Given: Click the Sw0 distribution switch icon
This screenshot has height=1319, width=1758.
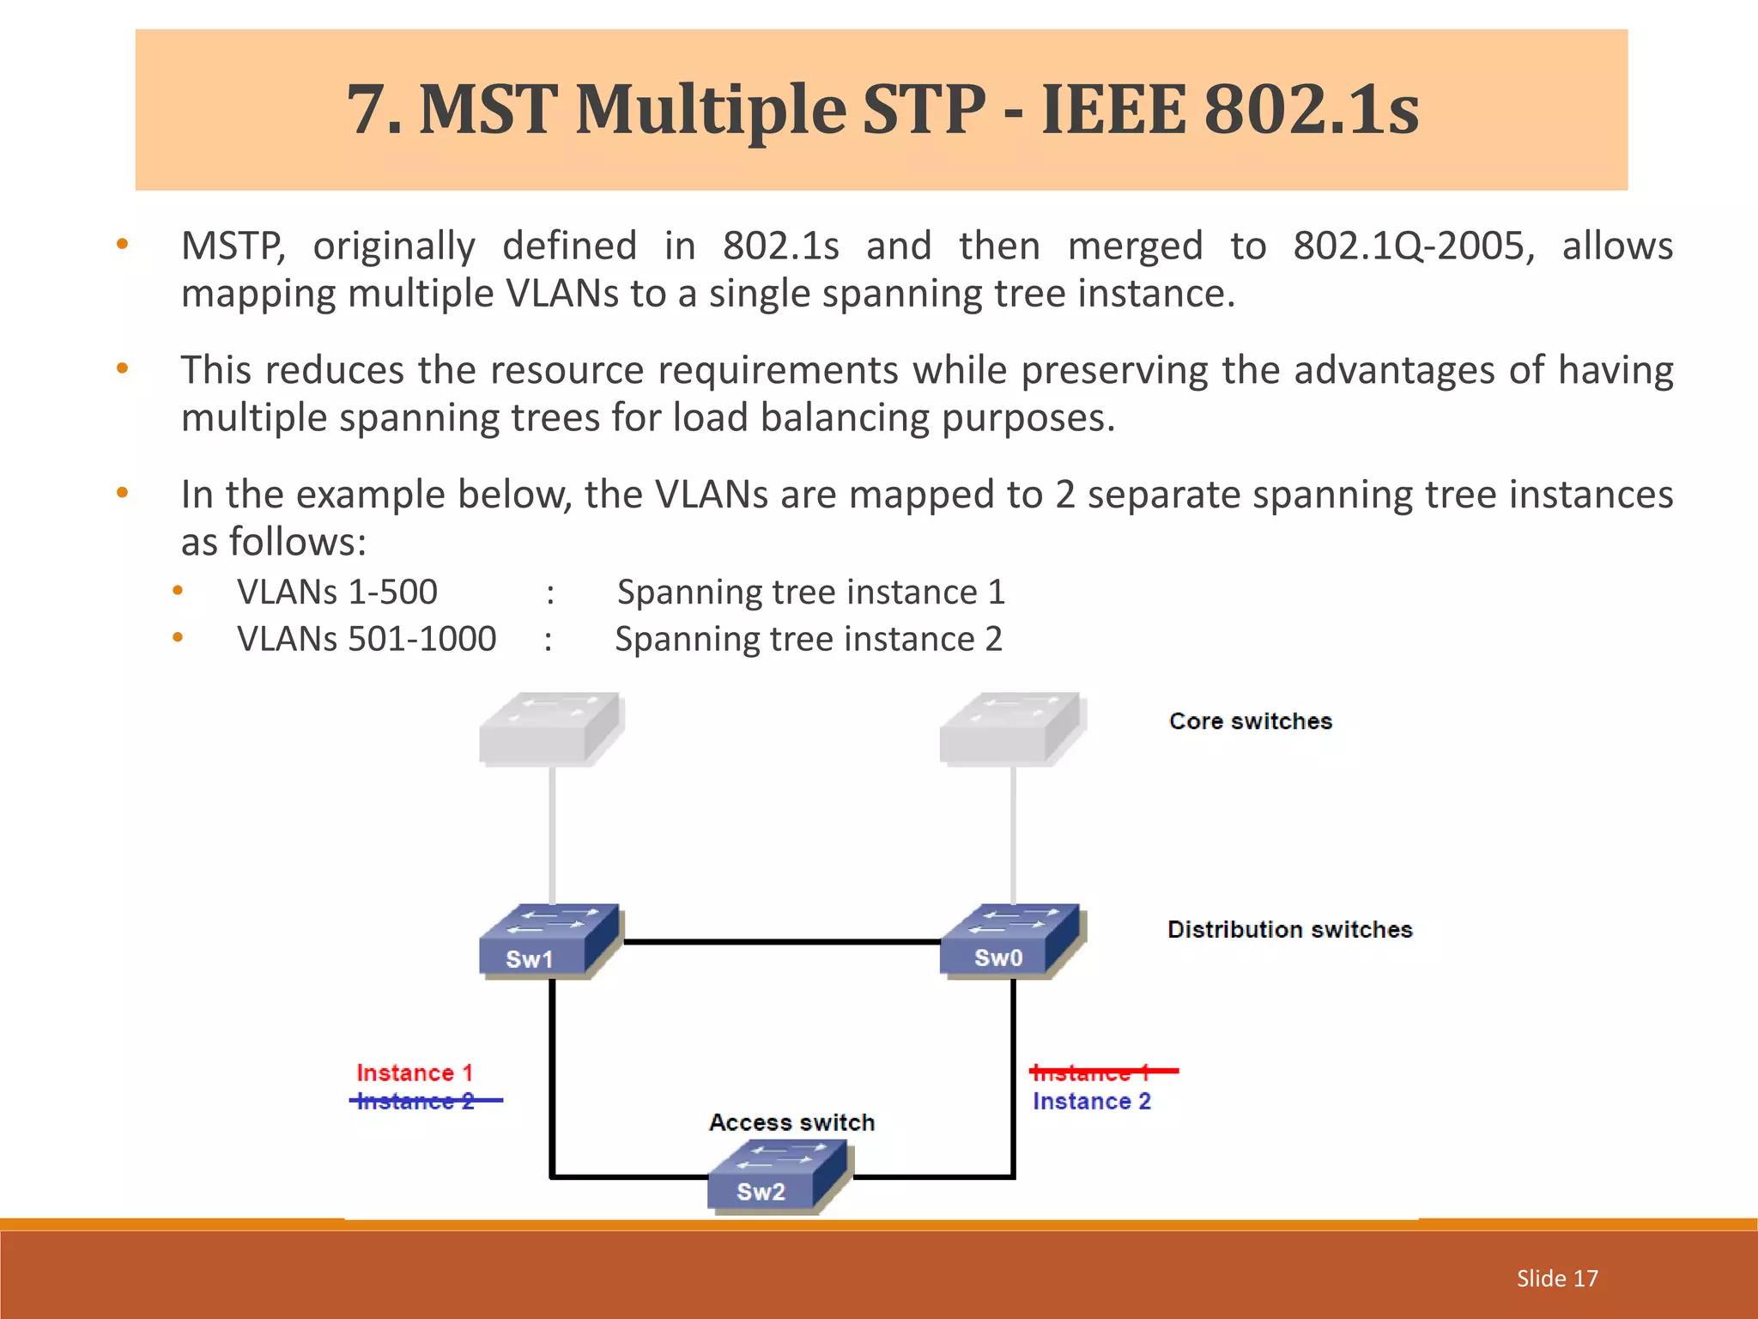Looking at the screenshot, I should coord(1012,939).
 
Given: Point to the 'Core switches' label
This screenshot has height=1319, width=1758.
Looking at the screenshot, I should coord(1250,721).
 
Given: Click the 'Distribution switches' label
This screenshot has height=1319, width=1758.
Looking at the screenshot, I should coord(1289,929).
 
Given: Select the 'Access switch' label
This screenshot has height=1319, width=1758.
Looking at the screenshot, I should coord(791,1122).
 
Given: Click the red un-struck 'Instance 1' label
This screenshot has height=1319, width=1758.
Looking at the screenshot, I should coord(415,1073).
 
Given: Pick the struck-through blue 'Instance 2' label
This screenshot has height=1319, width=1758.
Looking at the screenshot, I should coord(416,1101).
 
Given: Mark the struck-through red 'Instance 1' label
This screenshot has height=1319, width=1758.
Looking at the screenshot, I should coord(1091,1073).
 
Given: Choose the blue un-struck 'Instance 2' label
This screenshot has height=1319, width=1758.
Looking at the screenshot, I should coord(1091,1101).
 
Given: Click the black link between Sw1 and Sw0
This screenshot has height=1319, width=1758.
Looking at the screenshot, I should coord(781,942).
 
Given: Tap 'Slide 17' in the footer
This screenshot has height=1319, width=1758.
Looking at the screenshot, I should coord(1556,1278).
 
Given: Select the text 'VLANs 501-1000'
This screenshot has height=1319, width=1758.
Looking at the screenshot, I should coord(367,639).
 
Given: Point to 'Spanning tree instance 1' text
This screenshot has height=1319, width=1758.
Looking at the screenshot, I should coord(810,592).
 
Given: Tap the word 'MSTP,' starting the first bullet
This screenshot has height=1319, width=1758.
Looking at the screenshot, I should coord(233,246).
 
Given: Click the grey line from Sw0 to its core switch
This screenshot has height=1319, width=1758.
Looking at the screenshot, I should coord(1013,833).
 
